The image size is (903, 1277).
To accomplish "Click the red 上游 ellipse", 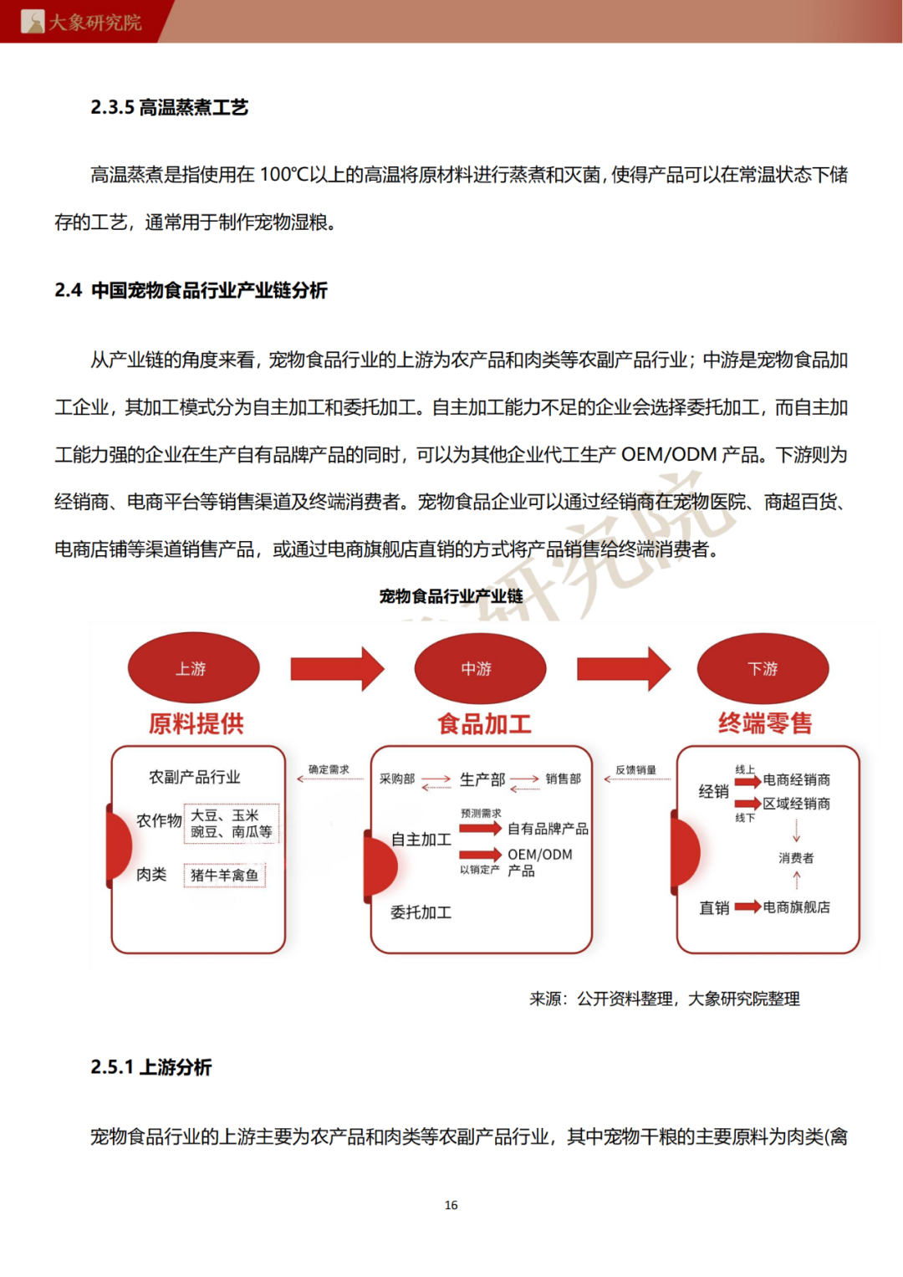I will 193,667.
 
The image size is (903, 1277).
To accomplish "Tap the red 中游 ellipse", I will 480,668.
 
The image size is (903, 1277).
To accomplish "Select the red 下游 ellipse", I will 763,668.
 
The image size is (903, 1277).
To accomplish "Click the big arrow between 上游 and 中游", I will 337,668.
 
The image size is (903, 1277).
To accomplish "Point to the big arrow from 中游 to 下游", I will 623,668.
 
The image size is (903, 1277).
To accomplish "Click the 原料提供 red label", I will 196,723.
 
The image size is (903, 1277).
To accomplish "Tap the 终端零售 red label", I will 765,723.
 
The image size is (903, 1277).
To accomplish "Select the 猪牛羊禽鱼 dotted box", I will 224,875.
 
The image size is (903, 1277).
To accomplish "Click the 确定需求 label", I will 329,769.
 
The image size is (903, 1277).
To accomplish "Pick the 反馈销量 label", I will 635,769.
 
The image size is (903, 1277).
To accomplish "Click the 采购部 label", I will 397,779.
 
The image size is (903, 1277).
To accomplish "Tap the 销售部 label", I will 563,779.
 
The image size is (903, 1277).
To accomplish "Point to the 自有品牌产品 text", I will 548,829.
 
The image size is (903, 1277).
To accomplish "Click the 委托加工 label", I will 421,912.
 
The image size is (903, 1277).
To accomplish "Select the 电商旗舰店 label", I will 796,907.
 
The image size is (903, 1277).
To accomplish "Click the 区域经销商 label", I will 796,804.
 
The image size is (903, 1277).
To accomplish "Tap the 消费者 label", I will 796,858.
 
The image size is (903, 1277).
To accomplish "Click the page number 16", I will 451,1205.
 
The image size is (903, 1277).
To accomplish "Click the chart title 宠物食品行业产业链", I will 451,596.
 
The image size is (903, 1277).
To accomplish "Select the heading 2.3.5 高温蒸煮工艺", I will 170,107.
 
